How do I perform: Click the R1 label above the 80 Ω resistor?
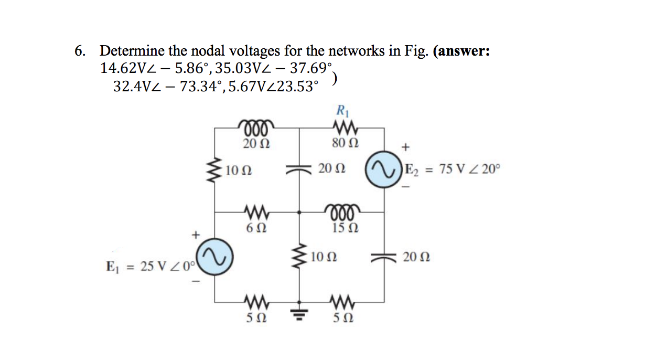[x=344, y=111]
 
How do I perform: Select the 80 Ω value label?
[x=344, y=142]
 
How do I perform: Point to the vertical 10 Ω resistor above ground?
[x=299, y=257]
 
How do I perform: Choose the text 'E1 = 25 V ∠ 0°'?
[x=150, y=267]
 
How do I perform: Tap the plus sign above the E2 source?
[x=404, y=147]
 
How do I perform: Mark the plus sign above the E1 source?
[x=195, y=235]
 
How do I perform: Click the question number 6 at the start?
[x=79, y=51]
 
